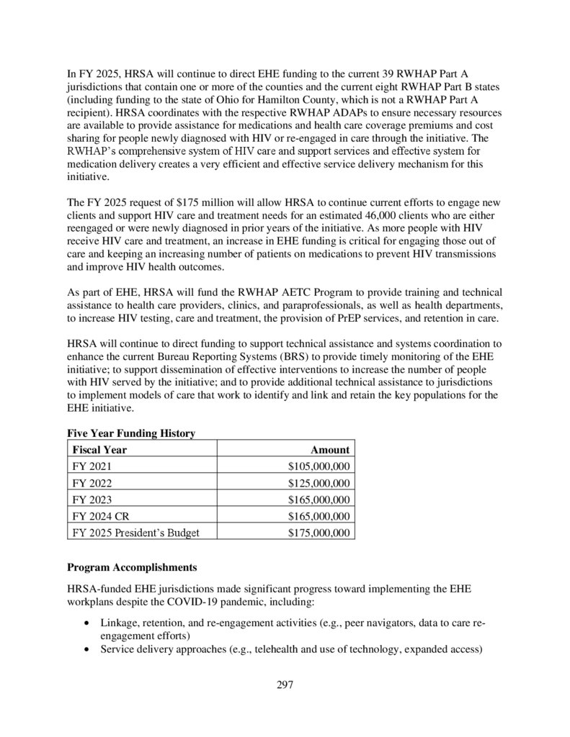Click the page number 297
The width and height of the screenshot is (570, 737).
point(285,684)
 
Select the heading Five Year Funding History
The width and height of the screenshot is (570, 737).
point(131,433)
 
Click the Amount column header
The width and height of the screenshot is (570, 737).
point(329,450)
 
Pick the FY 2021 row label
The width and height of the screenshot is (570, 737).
point(92,466)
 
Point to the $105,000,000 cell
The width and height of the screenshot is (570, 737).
point(318,466)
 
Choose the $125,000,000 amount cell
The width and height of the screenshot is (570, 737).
point(318,483)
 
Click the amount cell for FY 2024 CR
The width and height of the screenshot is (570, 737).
point(318,516)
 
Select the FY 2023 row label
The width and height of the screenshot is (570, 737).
point(92,499)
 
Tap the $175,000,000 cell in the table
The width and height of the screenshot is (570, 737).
point(318,533)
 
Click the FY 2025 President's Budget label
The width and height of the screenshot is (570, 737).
point(135,533)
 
